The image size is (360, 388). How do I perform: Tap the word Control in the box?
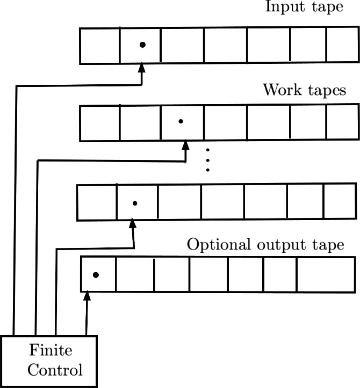(55, 370)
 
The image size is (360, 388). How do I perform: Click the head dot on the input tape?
(142, 45)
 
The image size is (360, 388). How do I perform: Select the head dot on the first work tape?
(181, 122)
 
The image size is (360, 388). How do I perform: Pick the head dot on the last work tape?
(135, 203)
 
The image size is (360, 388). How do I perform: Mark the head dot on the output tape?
(96, 275)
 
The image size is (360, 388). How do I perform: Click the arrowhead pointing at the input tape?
(142, 69)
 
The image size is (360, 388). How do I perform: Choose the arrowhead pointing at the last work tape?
(133, 224)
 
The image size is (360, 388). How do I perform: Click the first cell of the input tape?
(100, 46)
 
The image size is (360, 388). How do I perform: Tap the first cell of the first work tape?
(100, 123)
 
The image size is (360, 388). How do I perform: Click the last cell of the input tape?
(341, 46)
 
